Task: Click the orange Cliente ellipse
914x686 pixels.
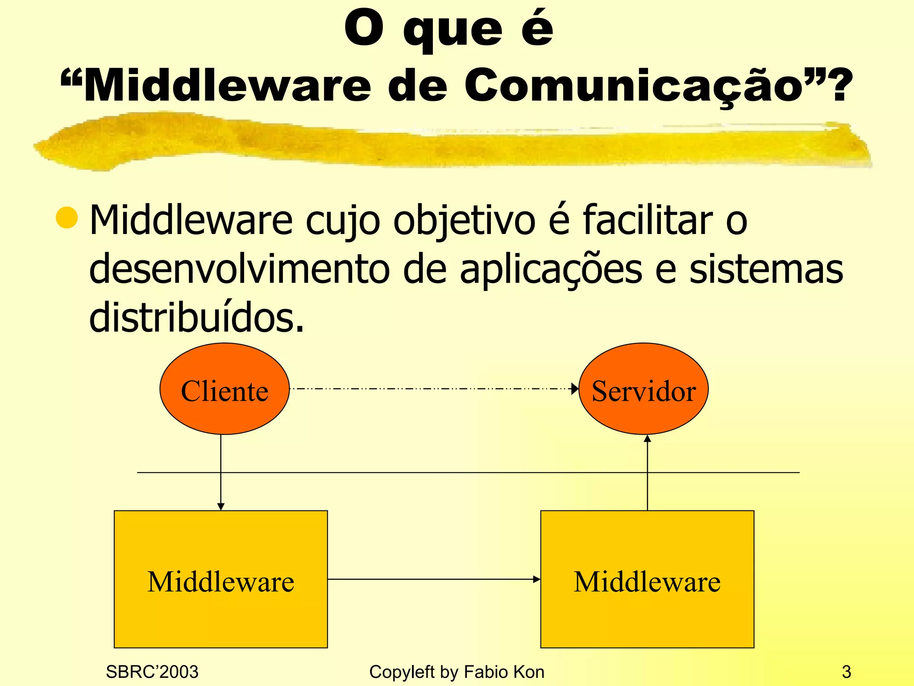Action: [x=224, y=389]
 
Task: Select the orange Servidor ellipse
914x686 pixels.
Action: [x=643, y=389]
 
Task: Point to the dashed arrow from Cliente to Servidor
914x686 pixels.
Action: [x=433, y=389]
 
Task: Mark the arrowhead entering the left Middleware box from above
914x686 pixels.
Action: [x=221, y=506]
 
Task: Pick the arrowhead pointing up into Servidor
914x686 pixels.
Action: [x=648, y=439]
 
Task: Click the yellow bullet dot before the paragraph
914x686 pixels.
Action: [x=67, y=218]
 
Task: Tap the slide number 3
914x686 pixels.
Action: [x=846, y=672]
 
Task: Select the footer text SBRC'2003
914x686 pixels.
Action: [x=152, y=672]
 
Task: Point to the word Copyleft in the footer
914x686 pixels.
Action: [x=402, y=672]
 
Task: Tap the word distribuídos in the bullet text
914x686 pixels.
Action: [x=196, y=317]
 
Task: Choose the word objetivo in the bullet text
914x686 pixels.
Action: [x=464, y=220]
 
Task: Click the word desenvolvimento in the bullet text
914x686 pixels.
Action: [x=239, y=269]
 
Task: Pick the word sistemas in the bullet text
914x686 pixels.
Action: [x=766, y=269]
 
